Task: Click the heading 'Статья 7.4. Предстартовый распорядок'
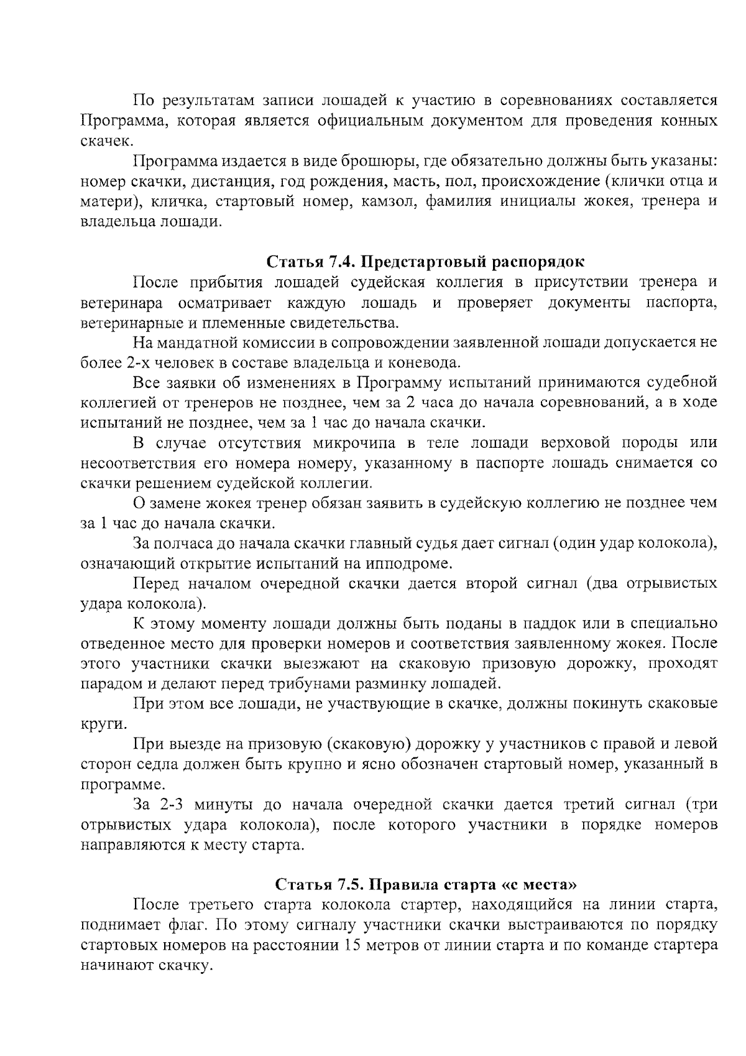425,261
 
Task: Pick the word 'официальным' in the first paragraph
359,120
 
